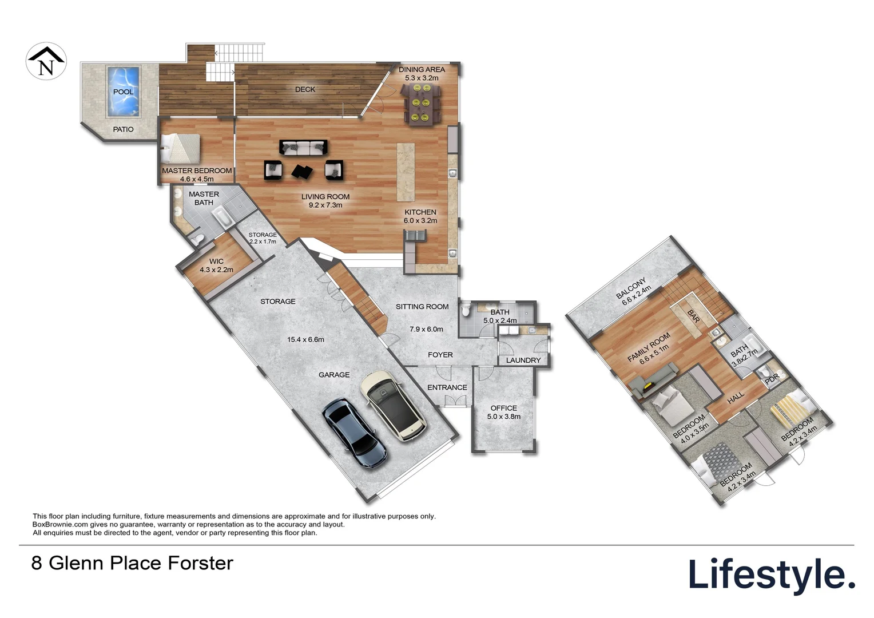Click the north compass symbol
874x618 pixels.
pyautogui.click(x=46, y=61)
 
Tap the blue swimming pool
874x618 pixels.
pyautogui.click(x=123, y=92)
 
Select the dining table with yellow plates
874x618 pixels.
pyautogui.click(x=420, y=104)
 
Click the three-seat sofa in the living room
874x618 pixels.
pyautogui.click(x=303, y=148)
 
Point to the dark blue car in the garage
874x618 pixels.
pyautogui.click(x=354, y=433)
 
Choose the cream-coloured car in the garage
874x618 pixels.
pyautogui.click(x=393, y=406)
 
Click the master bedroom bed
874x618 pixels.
pyautogui.click(x=181, y=148)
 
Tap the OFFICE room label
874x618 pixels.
pyautogui.click(x=504, y=408)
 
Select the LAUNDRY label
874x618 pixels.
pyautogui.click(x=523, y=360)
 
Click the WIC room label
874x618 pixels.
pyautogui.click(x=217, y=261)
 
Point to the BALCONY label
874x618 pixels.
pyautogui.click(x=631, y=288)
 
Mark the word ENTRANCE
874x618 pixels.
pyautogui.click(x=447, y=387)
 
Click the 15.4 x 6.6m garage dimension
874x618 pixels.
pyautogui.click(x=305, y=340)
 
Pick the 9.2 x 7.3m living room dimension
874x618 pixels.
pyautogui.click(x=325, y=205)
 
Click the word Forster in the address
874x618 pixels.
pyautogui.click(x=201, y=563)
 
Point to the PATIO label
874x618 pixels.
pyautogui.click(x=124, y=129)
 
